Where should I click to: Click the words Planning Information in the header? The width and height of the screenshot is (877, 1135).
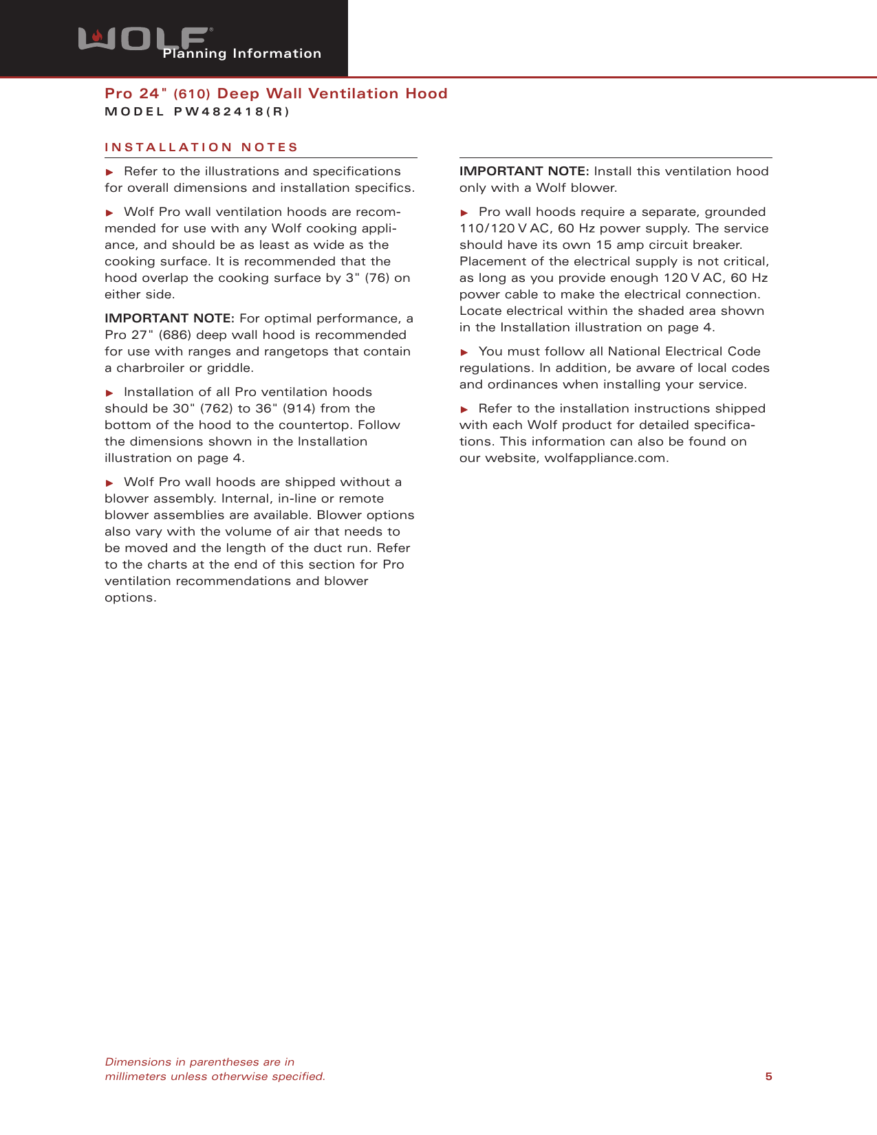pyautogui.click(x=242, y=54)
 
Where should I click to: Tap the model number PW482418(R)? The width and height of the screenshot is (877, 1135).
pyautogui.click(x=232, y=112)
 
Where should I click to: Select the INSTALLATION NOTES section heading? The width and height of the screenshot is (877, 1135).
pyautogui.click(x=202, y=147)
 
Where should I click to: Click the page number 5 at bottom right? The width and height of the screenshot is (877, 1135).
pyautogui.click(x=768, y=1077)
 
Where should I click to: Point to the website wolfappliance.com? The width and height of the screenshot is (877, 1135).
pyautogui.click(x=605, y=458)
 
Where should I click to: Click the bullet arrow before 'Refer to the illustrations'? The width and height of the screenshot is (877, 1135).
pyautogui.click(x=109, y=172)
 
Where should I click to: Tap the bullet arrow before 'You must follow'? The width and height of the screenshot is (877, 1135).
pyautogui.click(x=464, y=352)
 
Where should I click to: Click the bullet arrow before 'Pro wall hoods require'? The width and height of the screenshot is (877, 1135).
pyautogui.click(x=464, y=212)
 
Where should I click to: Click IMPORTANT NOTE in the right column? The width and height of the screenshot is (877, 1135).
pyautogui.click(x=524, y=171)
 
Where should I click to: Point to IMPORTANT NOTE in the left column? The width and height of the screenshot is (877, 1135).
pyautogui.click(x=169, y=318)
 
